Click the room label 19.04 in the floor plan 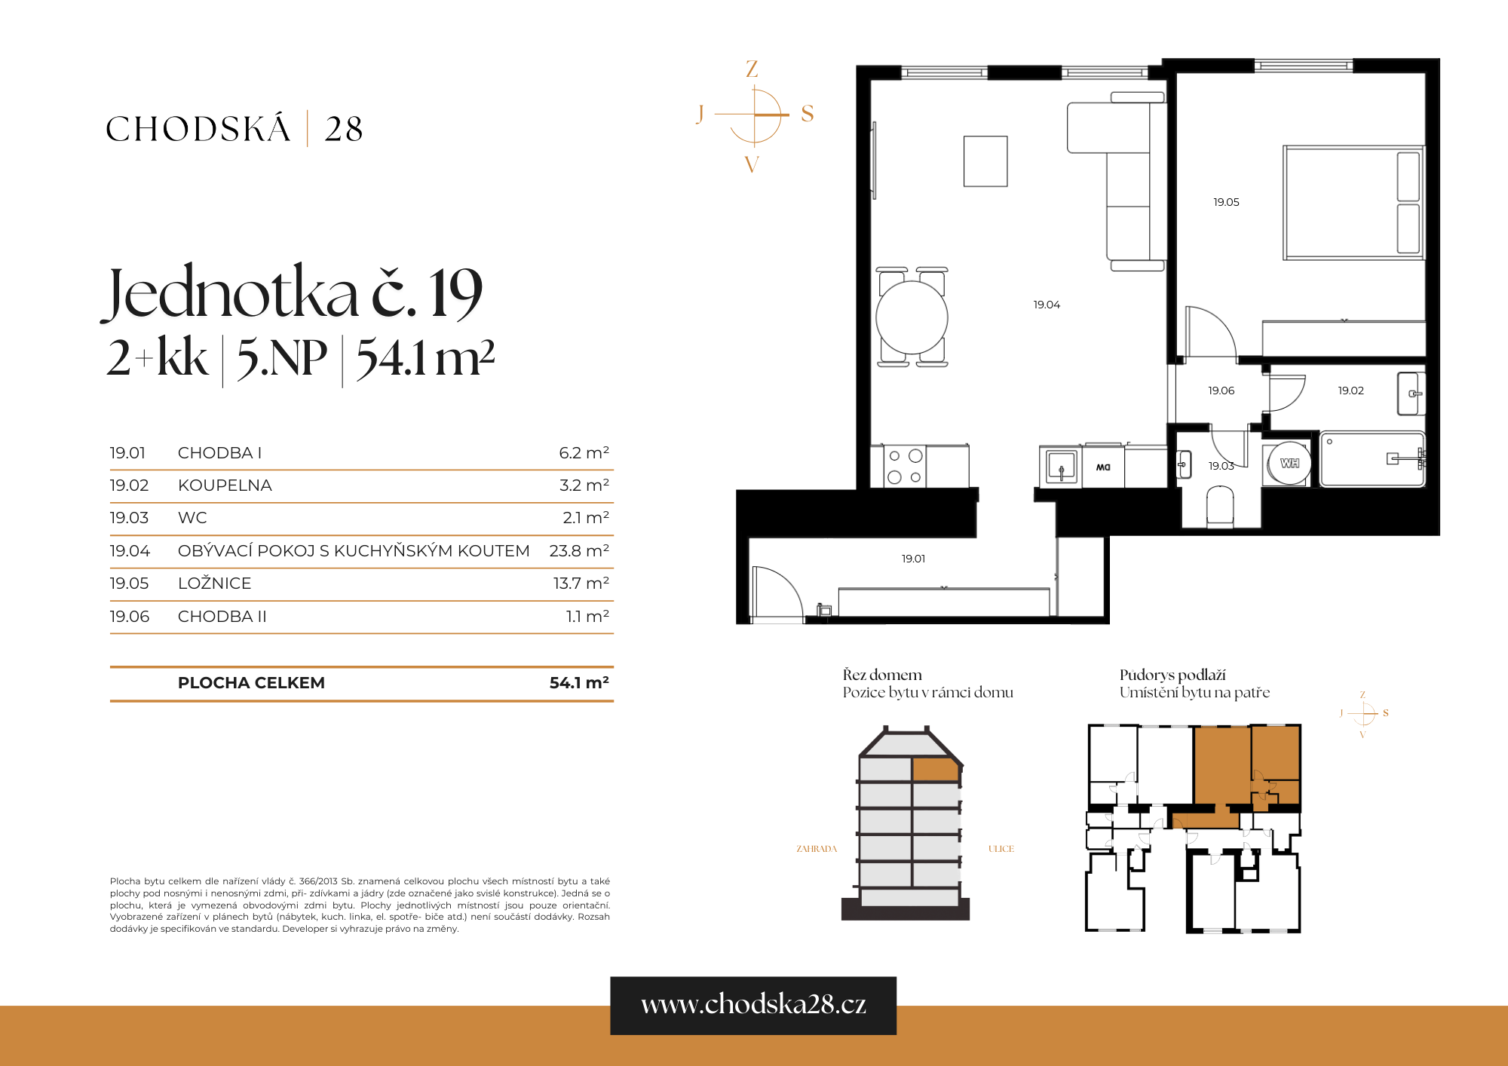pyautogui.click(x=1047, y=305)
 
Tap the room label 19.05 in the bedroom pyautogui.click(x=1226, y=202)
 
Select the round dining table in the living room pyautogui.click(x=912, y=317)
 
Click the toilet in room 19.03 pyautogui.click(x=1220, y=505)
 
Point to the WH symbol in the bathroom pyautogui.click(x=1289, y=463)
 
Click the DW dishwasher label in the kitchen pyautogui.click(x=1103, y=467)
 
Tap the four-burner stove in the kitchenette pyautogui.click(x=905, y=466)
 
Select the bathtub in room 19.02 pyautogui.click(x=1371, y=459)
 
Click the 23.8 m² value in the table pyautogui.click(x=578, y=550)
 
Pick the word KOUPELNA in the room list pyautogui.click(x=225, y=486)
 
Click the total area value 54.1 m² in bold pyautogui.click(x=578, y=682)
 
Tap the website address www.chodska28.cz pyautogui.click(x=753, y=1004)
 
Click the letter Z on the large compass pyautogui.click(x=752, y=69)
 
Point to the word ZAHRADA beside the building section pyautogui.click(x=817, y=849)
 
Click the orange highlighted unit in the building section pyautogui.click(x=935, y=770)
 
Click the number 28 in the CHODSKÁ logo pyautogui.click(x=344, y=129)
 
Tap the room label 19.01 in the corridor pyautogui.click(x=913, y=559)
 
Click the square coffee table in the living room pyautogui.click(x=985, y=161)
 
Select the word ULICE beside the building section pyautogui.click(x=1001, y=849)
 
